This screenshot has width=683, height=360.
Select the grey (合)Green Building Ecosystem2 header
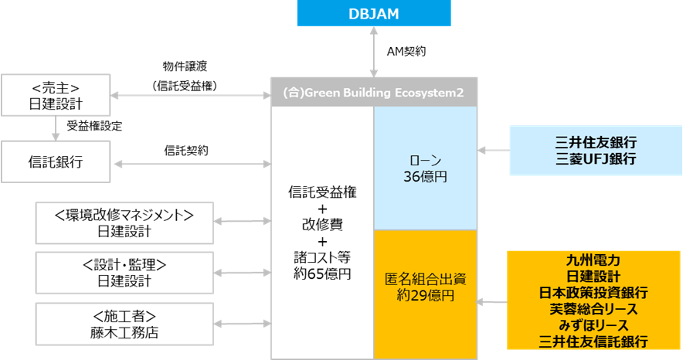pyautogui.click(x=373, y=92)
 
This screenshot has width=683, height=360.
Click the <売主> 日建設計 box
pyautogui.click(x=56, y=97)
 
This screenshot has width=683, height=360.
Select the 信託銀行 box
pyautogui.click(x=56, y=163)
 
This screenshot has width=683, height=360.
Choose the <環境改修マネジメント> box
pyautogui.click(x=124, y=222)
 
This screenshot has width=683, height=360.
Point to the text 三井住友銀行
pyautogui.click(x=595, y=142)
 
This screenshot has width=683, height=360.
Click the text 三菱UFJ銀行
pyautogui.click(x=595, y=159)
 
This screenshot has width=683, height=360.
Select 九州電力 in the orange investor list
pyautogui.click(x=594, y=260)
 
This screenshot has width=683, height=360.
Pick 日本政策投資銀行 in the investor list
pyautogui.click(x=594, y=293)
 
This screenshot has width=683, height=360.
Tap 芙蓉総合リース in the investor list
pyautogui.click(x=594, y=309)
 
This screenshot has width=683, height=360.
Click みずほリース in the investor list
pyautogui.click(x=594, y=325)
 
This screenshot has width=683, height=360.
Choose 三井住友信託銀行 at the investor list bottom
pyautogui.click(x=594, y=341)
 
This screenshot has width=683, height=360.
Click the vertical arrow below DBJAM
pyautogui.click(x=373, y=52)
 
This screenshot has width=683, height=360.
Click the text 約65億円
pyautogui.click(x=323, y=273)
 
